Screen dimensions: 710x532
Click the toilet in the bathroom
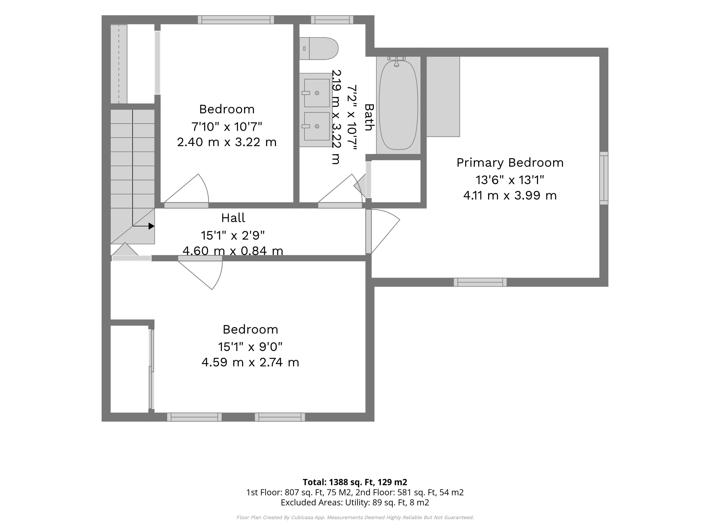pos(319,48)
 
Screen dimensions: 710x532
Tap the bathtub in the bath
pos(398,105)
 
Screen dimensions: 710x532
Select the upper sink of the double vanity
pos(317,93)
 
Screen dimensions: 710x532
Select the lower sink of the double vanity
pos(317,126)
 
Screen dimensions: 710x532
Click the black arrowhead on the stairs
pos(151,226)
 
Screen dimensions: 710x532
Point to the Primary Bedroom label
pos(510,163)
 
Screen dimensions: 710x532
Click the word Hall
pos(233,218)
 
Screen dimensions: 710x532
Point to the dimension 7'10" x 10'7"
pos(227,127)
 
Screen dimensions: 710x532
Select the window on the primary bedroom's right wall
pos(604,178)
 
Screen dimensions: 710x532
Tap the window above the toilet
pos(332,20)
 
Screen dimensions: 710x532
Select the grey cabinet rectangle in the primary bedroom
pos(443,97)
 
